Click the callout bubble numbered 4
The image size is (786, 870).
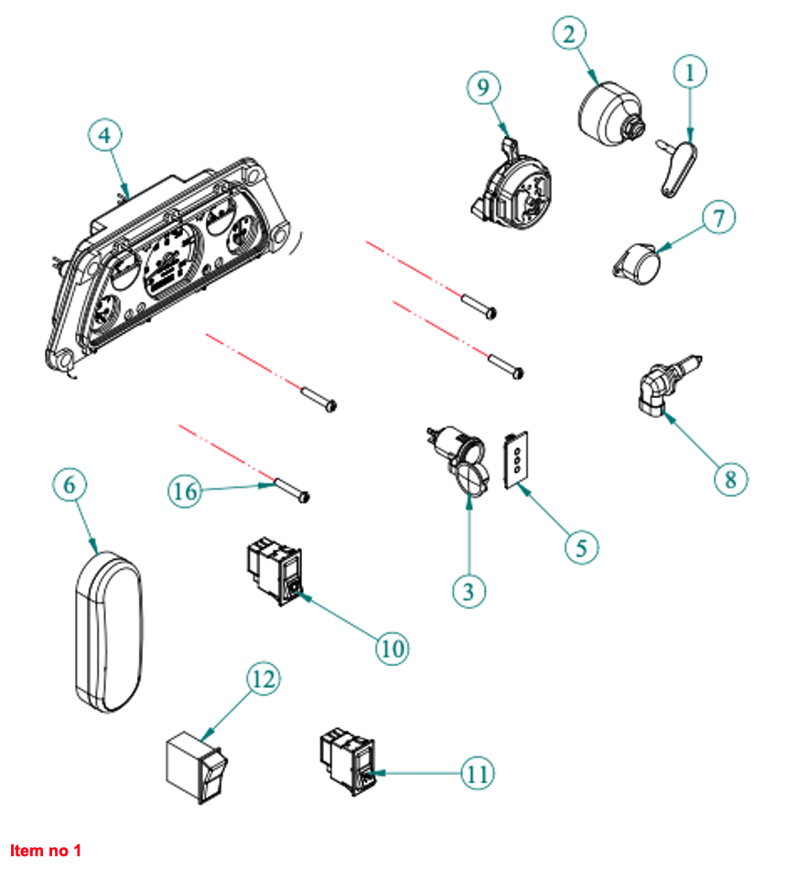pos(105,134)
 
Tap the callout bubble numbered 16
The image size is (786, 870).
pos(186,491)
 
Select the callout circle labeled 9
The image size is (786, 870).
pos(484,88)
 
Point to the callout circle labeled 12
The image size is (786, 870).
pos(263,680)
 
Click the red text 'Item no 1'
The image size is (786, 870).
pos(46,851)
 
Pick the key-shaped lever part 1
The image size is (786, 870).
pos(678,166)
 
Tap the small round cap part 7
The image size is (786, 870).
pos(639,263)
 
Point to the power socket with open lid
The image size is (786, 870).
pos(459,456)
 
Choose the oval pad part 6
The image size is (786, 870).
pos(109,629)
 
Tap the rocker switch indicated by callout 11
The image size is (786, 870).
pos(348,756)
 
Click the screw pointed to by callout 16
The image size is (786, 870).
pos(292,490)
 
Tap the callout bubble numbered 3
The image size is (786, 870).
pos(468,590)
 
